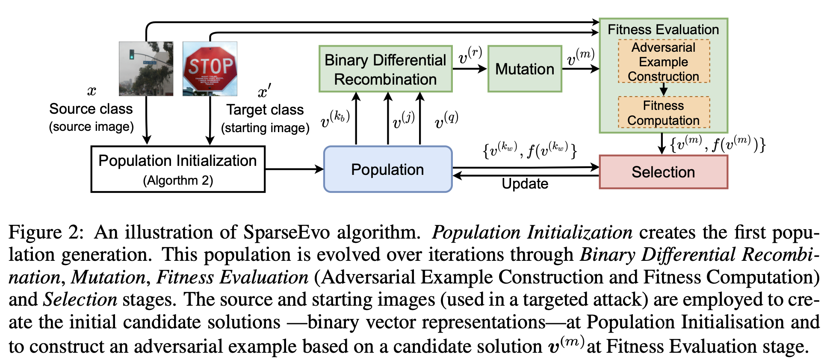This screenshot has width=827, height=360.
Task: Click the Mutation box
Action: [525, 69]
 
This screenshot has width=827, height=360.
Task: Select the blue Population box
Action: [387, 169]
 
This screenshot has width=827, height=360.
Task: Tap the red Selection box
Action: [663, 172]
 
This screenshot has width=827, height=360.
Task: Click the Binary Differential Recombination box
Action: [385, 69]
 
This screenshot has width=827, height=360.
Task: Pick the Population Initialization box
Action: [177, 169]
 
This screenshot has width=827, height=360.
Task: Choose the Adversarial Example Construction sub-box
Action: [664, 62]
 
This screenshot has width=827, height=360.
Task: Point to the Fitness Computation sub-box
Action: [664, 113]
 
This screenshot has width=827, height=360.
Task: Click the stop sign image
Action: [210, 69]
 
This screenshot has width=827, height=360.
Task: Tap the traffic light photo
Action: [146, 69]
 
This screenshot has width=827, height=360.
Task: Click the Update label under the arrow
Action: [525, 184]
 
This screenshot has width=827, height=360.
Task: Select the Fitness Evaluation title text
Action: [663, 30]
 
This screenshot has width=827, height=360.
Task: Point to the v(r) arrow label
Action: [470, 56]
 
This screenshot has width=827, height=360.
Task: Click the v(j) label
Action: [403, 120]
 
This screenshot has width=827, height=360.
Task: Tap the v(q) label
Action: [446, 120]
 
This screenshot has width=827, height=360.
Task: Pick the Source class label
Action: [91, 109]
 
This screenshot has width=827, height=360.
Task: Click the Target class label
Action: [265, 110]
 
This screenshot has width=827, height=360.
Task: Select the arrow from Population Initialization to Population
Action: [294, 169]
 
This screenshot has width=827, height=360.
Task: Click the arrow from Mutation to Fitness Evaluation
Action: [581, 69]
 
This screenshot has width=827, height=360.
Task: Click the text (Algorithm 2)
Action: [177, 180]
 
